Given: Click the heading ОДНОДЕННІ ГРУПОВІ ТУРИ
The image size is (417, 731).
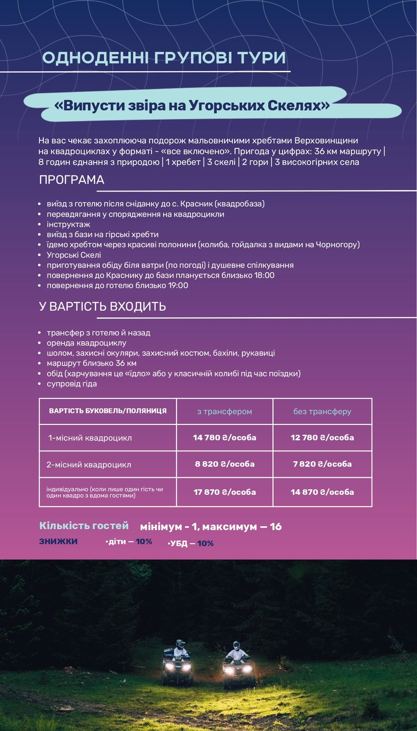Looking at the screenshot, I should point(164,58).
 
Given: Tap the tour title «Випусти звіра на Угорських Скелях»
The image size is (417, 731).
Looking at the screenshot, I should point(192,106).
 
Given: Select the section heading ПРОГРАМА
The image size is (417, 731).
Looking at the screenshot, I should point(72,180).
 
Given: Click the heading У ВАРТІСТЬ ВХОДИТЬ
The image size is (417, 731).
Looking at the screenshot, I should point(102,306).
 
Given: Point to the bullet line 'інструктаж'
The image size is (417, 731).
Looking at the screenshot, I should point(69,224).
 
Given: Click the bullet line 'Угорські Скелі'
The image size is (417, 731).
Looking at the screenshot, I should point(74,255).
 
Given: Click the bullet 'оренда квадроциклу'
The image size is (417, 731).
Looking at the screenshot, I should point(86,343).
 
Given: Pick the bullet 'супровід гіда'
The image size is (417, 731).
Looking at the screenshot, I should point(72,384).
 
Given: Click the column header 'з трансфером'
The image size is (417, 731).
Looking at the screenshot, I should point(225,411).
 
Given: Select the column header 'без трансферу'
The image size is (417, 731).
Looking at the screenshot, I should point(322,411).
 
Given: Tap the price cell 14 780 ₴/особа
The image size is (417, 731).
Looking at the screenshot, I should point(225,438).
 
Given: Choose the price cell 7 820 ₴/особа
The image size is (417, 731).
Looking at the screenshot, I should point(322,464).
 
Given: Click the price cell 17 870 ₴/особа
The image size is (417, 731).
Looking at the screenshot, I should point(225,492).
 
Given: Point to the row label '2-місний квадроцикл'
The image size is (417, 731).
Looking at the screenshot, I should point(89,465).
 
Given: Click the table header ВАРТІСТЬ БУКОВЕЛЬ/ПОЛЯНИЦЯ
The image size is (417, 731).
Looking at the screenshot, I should point(108,411).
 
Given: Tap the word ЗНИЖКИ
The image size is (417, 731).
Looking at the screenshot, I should point(58,541).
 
